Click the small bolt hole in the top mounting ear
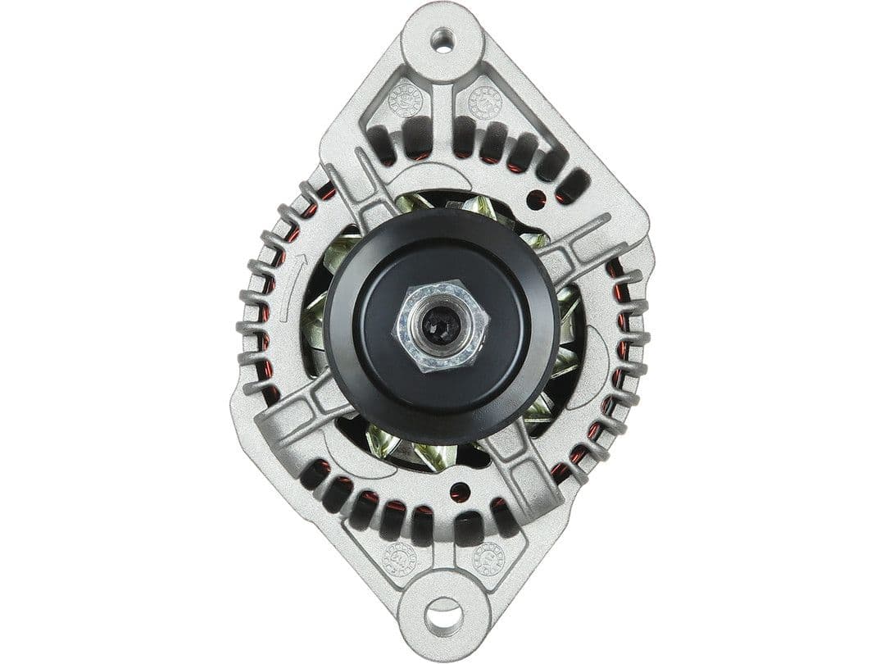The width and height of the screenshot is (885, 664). pyautogui.click(x=442, y=39)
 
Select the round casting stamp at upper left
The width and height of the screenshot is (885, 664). pyautogui.click(x=406, y=100)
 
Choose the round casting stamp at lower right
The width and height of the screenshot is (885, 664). pyautogui.click(x=488, y=558)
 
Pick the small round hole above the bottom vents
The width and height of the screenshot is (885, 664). pyautogui.click(x=460, y=493)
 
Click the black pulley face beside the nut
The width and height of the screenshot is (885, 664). pyautogui.click(x=508, y=328)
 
